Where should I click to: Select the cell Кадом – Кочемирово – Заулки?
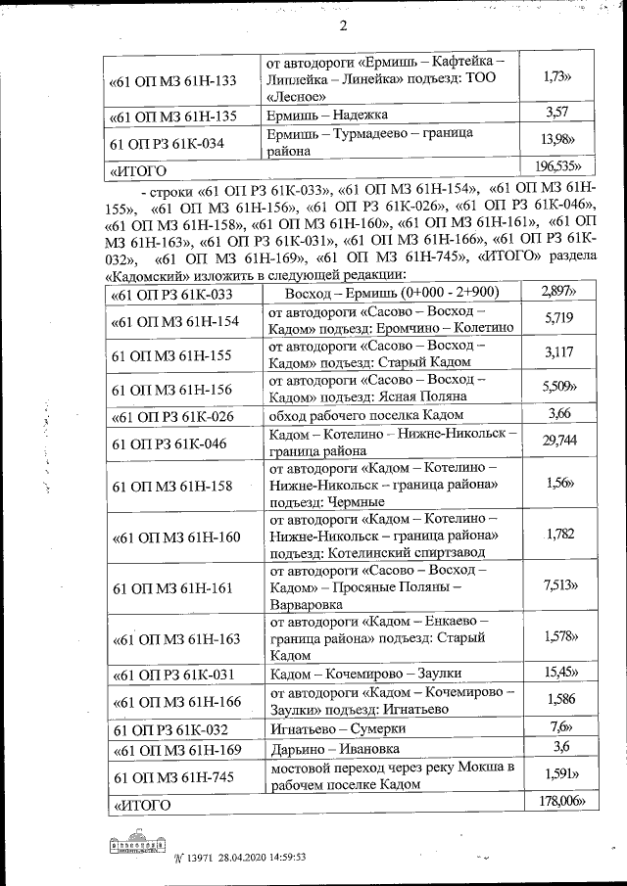point(364,674)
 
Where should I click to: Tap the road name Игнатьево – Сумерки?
point(338,728)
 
